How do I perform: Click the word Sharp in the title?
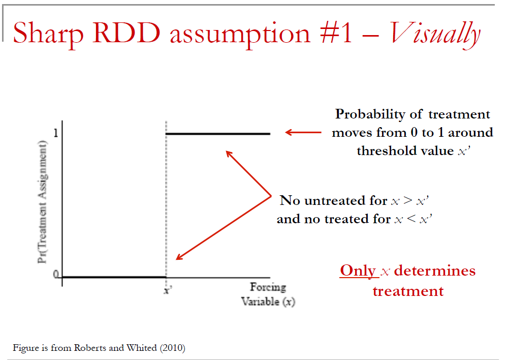(x=48, y=34)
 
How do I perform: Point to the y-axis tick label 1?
(x=56, y=133)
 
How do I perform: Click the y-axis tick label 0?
(x=56, y=275)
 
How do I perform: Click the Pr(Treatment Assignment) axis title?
(x=43, y=202)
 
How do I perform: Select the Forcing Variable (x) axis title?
(x=268, y=294)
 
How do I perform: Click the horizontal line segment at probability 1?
(x=218, y=133)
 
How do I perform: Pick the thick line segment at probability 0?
(x=114, y=277)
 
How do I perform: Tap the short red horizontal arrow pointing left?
(x=303, y=132)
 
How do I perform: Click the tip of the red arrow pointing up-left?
(x=226, y=151)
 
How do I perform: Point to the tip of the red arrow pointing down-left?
(x=176, y=259)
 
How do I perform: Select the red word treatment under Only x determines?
(x=408, y=291)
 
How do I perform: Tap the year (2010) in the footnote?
(x=172, y=348)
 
